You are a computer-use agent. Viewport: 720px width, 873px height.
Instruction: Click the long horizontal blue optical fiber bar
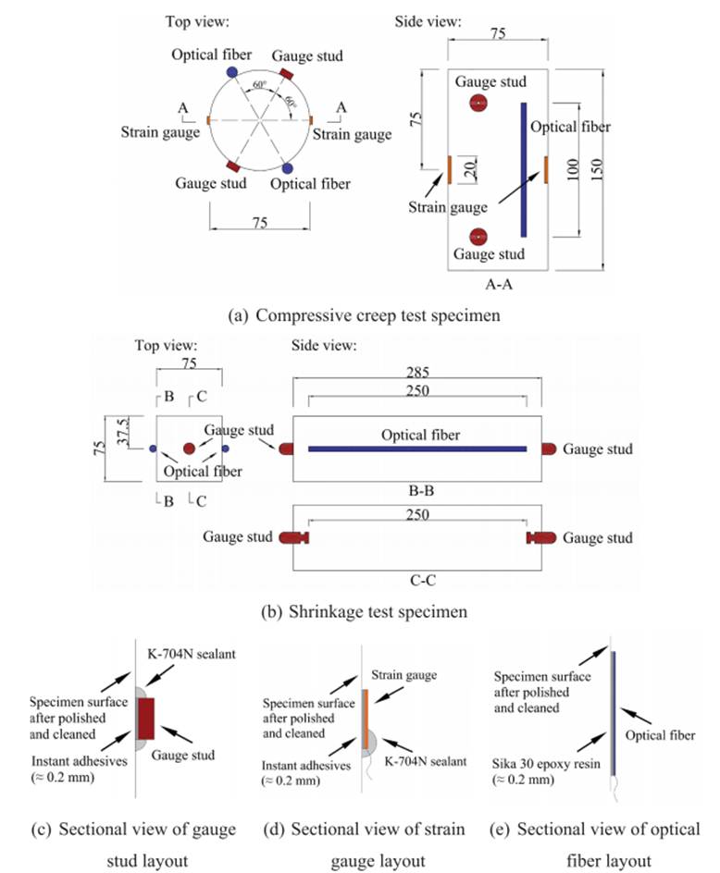pyautogui.click(x=417, y=449)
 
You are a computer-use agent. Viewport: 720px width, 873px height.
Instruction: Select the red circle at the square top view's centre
pyautogui.click(x=189, y=449)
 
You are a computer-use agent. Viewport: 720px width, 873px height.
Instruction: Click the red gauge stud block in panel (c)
pyautogui.click(x=145, y=719)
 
